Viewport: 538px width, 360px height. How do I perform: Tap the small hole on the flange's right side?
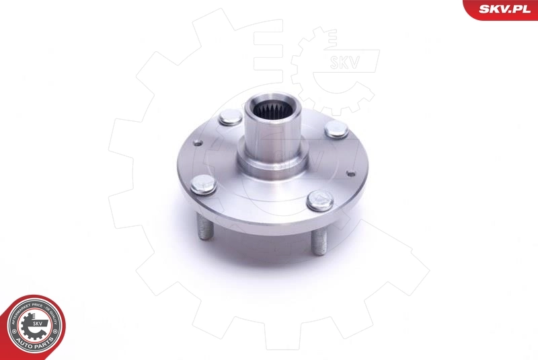coord(351,173)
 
